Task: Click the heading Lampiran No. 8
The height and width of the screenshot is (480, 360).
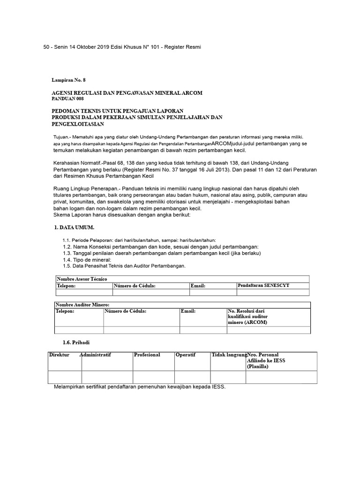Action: [68, 80]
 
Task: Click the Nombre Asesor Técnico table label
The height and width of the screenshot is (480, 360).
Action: [82, 279]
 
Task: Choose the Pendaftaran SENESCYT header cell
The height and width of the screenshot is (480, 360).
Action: [263, 285]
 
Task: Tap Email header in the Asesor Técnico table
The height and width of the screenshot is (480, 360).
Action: [198, 285]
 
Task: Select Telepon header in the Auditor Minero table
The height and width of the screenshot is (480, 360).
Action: [65, 311]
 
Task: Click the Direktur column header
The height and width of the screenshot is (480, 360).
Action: [59, 355]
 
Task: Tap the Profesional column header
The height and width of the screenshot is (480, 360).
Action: [147, 355]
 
